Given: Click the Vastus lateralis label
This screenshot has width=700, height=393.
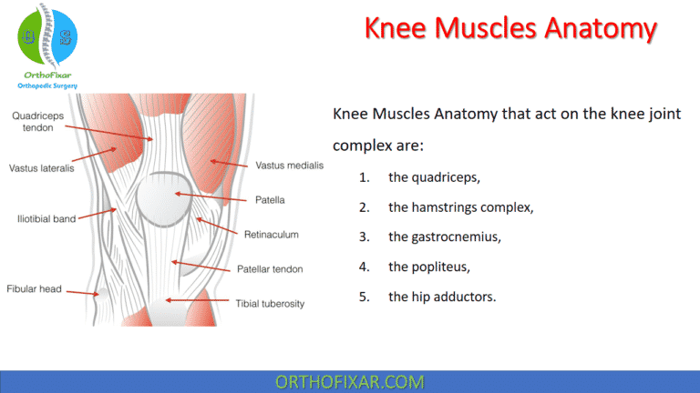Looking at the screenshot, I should click(42, 167).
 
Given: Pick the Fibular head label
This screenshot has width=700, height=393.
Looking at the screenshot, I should click(35, 288).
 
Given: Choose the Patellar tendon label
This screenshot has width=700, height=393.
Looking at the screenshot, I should click(270, 268).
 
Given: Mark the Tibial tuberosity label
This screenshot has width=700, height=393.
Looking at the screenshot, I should click(270, 303).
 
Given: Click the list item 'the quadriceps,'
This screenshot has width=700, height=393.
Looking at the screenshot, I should click(434, 177).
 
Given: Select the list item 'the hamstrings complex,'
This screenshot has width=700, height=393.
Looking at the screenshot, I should click(460, 207).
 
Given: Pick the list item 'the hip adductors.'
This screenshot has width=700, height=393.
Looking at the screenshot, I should click(442, 296).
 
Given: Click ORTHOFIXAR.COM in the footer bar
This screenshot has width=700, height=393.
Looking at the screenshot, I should click(349, 381).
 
